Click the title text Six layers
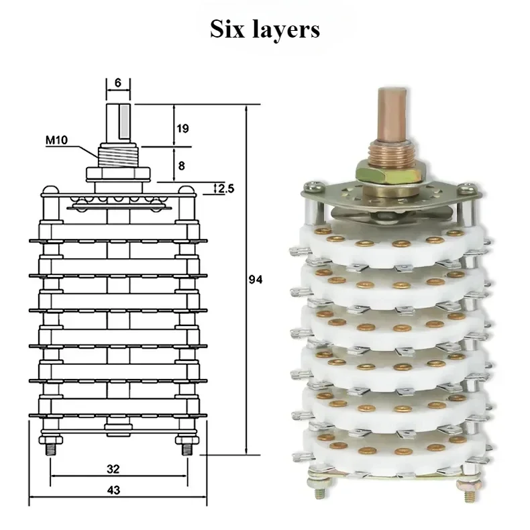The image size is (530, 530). coord(264,30)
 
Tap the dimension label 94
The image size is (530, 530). coord(255,280)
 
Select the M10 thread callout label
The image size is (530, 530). coord(57,140)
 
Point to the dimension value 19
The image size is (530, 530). coord(182,128)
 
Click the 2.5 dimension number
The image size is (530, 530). coord(226,189)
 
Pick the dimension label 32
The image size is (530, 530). coord(113,469)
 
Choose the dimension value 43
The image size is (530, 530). coord(113,490)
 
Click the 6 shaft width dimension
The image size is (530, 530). coord(117,83)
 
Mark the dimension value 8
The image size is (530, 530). coord(182,166)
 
